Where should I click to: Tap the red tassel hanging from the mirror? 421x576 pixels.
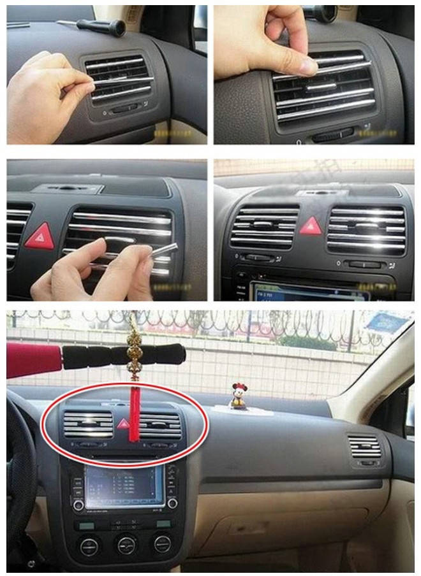(x=135, y=417)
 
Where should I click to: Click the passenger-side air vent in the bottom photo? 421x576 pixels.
(x=366, y=447)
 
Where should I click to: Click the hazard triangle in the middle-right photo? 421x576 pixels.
(x=311, y=226)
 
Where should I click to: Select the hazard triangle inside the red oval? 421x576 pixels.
(x=122, y=422)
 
